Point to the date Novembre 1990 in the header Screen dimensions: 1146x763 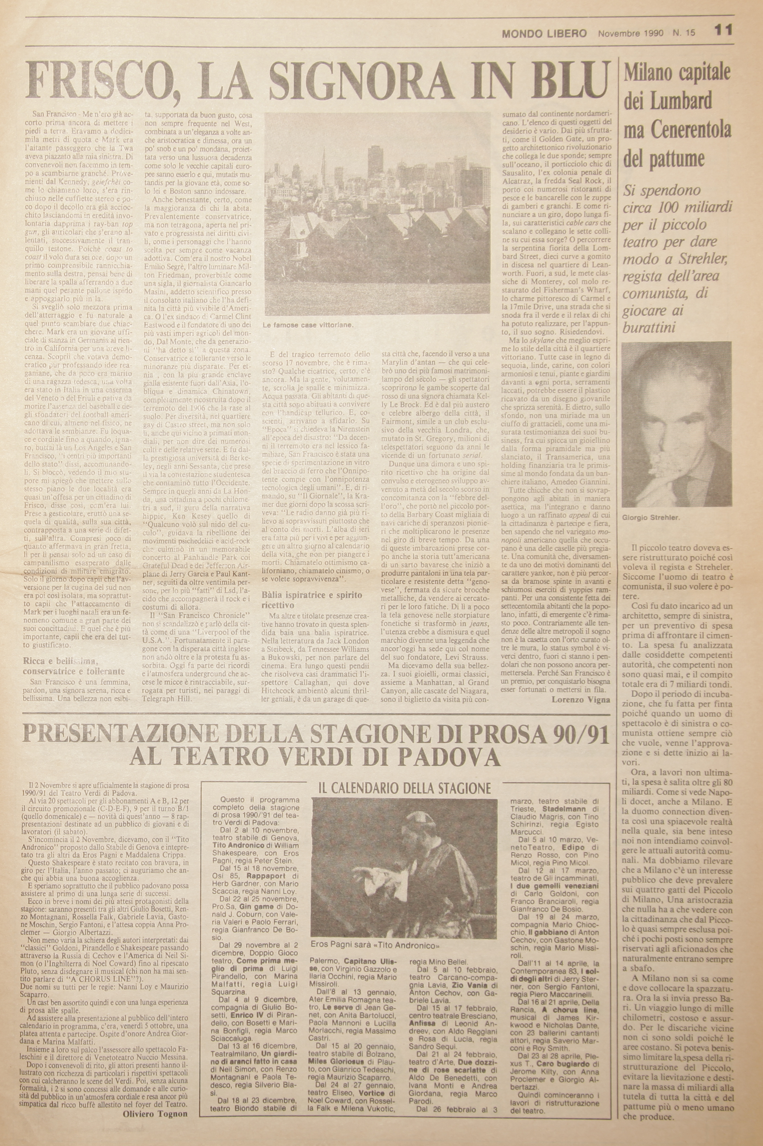tap(631, 33)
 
